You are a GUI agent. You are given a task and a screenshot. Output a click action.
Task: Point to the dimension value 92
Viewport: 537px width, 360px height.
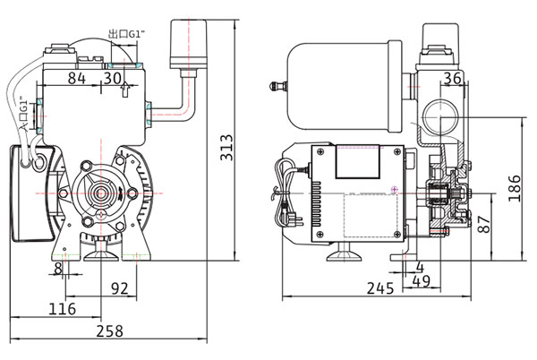point(121,287)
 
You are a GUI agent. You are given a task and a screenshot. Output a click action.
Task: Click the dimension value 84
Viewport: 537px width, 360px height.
point(77,79)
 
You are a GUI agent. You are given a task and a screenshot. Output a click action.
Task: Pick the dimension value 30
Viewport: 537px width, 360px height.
point(113,79)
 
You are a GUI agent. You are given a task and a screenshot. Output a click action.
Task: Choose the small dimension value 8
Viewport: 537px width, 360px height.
point(58,268)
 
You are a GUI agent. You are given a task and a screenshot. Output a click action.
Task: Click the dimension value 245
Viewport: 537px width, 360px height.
point(381,288)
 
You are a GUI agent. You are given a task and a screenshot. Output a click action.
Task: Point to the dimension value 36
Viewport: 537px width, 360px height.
point(452,79)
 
